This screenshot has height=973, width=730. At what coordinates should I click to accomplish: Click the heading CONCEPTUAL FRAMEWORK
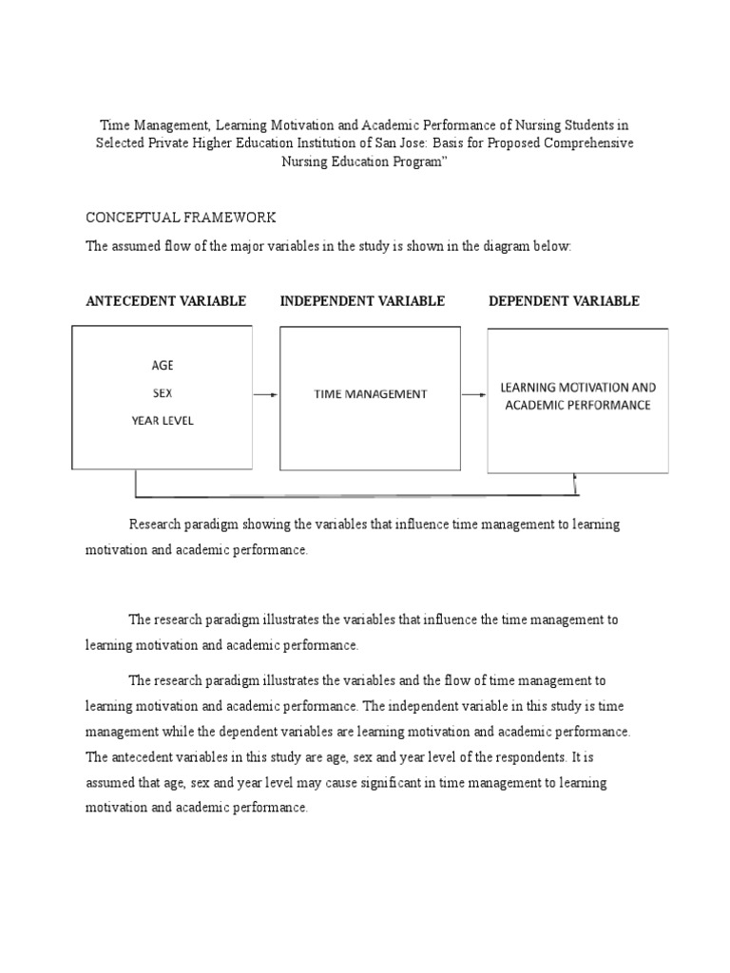point(181,218)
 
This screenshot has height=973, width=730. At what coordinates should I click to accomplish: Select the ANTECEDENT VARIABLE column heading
point(166,301)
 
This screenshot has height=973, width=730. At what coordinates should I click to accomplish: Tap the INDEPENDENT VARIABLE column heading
point(362,301)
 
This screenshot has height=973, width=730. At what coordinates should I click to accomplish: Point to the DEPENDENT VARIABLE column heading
point(564,301)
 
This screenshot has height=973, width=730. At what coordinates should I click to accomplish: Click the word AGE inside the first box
point(163,365)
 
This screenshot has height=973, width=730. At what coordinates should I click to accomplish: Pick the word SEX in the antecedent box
point(163,392)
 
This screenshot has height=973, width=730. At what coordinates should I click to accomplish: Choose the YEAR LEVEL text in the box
point(163,420)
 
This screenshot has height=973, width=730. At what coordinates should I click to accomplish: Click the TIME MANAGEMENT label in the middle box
point(371,394)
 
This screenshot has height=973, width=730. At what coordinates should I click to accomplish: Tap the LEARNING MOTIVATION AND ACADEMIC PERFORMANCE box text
point(578,396)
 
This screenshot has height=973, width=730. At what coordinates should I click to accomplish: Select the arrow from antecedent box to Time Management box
point(266,394)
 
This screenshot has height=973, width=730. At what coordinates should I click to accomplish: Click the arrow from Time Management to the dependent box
point(474,394)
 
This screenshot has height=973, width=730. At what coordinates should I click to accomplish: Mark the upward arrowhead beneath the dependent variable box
point(575,478)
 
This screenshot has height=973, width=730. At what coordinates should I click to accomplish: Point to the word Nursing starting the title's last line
point(306,161)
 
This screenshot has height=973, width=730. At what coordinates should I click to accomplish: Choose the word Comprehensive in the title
point(588,143)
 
